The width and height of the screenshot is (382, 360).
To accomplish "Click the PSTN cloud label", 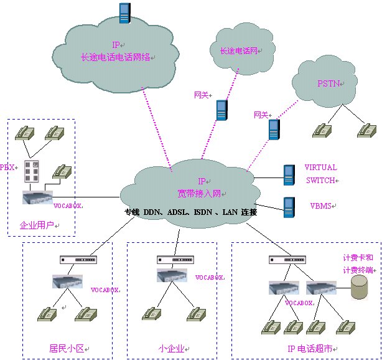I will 328,83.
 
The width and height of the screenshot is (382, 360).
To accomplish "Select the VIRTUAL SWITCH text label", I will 321,174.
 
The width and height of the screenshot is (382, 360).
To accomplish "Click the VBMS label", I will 322,206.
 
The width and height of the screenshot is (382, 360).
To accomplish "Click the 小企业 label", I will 171,348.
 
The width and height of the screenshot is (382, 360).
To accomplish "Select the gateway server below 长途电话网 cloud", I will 221,110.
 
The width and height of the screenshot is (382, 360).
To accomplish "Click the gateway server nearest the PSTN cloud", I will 274,130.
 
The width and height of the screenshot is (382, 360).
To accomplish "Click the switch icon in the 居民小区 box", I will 77,259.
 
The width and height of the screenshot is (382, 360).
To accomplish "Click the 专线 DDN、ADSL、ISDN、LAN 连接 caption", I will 191,212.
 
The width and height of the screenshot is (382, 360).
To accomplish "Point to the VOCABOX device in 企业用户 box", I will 37,197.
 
